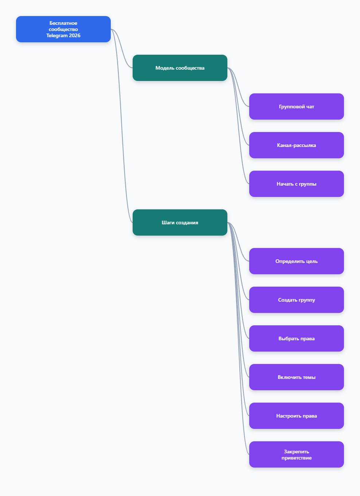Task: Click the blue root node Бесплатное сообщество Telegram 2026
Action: [63, 29]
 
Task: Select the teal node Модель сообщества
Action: [180, 68]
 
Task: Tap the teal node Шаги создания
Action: [180, 222]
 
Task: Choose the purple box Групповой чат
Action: [297, 106]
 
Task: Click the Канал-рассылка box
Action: [297, 145]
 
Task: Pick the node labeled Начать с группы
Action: [297, 184]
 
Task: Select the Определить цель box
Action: [297, 261]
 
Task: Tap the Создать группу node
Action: [297, 300]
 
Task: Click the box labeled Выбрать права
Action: [297, 338]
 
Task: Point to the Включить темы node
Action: [297, 377]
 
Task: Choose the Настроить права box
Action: [297, 416]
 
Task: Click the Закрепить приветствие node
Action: [297, 454]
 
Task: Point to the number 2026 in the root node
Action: [75, 35]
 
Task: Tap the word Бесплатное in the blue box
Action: [63, 23]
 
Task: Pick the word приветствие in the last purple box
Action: [297, 458]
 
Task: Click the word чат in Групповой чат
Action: [310, 107]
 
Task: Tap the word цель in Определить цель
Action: [312, 261]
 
